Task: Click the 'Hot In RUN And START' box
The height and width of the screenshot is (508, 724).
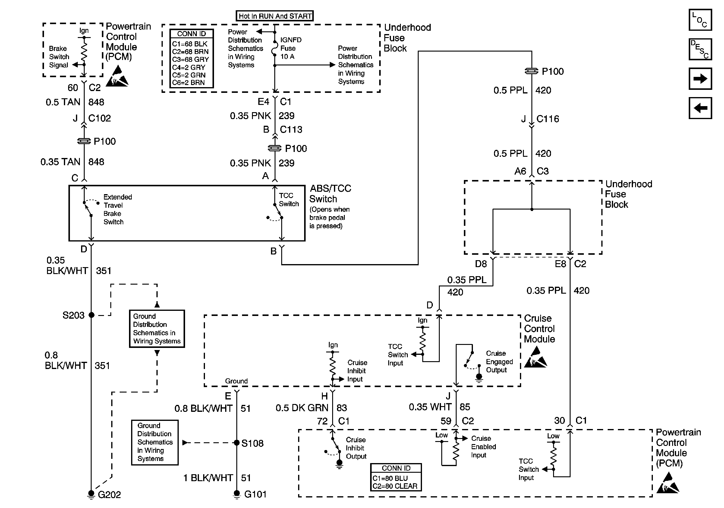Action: (x=275, y=16)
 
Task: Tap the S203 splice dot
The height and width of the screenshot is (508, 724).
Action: (x=91, y=315)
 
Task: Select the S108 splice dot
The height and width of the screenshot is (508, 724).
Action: (x=237, y=443)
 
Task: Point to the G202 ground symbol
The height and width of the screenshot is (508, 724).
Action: (x=91, y=495)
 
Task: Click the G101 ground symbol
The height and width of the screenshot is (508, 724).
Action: (x=237, y=494)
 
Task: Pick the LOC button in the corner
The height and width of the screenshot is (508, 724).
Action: (x=700, y=20)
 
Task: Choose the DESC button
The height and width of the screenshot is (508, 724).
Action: (x=700, y=49)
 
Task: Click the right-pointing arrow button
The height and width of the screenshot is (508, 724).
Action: (x=700, y=78)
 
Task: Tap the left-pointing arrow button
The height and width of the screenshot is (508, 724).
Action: (x=700, y=108)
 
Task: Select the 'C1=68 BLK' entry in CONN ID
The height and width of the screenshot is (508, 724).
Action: (x=190, y=44)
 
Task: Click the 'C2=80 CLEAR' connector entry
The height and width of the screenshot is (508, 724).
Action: (x=395, y=486)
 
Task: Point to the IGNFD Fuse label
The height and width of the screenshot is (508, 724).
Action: (x=291, y=48)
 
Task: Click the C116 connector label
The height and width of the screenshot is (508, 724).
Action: (x=548, y=119)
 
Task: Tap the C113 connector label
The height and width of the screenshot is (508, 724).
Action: (x=291, y=130)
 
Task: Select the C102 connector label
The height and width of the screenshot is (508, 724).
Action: (x=100, y=118)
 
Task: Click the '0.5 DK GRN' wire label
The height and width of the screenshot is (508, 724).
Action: (x=302, y=408)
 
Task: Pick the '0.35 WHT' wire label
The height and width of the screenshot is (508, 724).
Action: (x=430, y=407)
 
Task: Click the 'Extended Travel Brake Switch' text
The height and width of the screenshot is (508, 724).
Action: (x=118, y=210)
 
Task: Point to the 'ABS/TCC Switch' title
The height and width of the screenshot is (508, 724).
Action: (x=330, y=194)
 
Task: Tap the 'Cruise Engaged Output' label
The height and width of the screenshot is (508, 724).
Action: (x=499, y=362)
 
